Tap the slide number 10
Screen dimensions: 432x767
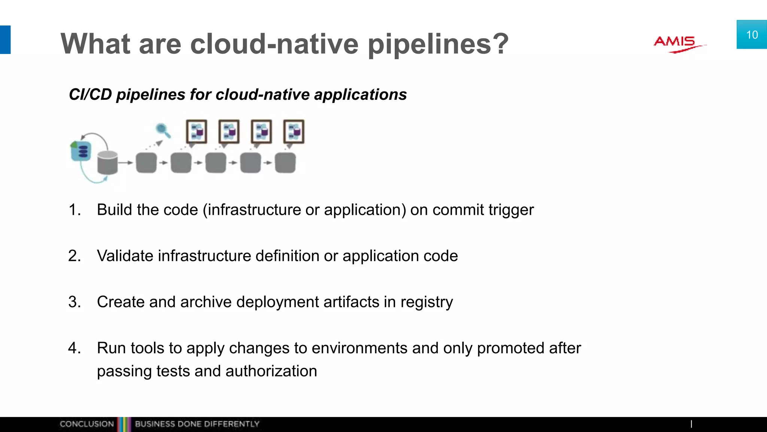coord(752,35)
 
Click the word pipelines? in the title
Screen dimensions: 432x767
coord(438,44)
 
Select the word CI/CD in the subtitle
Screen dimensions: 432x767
coord(90,94)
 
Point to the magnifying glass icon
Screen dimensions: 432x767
coord(163,130)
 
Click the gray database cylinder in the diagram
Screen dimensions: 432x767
coord(107,162)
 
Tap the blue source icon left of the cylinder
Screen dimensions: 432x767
coord(81,151)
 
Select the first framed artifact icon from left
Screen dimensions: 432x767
coord(197,132)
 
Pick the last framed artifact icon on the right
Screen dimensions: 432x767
coord(294,132)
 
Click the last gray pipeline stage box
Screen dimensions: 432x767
coord(285,163)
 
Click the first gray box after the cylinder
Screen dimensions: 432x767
coord(146,163)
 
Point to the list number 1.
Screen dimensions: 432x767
coord(74,210)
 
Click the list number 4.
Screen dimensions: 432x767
coord(74,348)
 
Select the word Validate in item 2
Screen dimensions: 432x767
coord(125,256)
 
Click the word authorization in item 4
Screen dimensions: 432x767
coord(271,371)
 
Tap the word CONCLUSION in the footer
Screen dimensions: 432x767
coord(87,424)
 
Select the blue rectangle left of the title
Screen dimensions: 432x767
coord(5,40)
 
